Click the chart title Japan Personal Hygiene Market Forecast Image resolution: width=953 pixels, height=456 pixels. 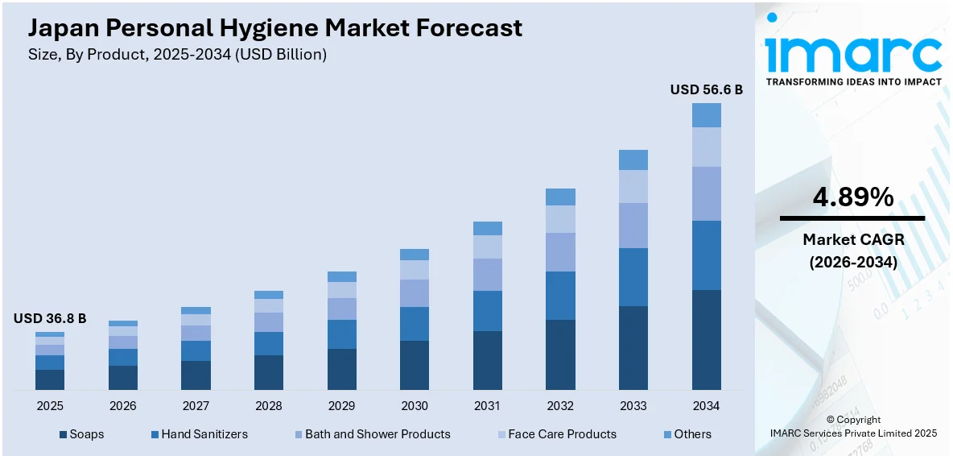pyautogui.click(x=275, y=28)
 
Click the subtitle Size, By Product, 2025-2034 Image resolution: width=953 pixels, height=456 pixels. pyautogui.click(x=177, y=55)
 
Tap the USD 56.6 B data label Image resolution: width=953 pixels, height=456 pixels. pyautogui.click(x=706, y=89)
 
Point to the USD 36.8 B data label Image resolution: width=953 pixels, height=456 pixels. pyautogui.click(x=49, y=319)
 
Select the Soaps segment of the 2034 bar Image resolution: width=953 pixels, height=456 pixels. pyautogui.click(x=706, y=339)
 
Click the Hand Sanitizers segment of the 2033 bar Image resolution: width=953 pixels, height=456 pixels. pyautogui.click(x=633, y=276)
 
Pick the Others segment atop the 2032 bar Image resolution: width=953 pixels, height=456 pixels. pyautogui.click(x=560, y=197)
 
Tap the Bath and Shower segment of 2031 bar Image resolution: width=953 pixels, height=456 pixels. pyautogui.click(x=487, y=274)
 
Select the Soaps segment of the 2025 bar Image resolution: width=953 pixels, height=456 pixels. pyautogui.click(x=49, y=379)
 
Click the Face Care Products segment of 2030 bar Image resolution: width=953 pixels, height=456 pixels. pyautogui.click(x=415, y=269)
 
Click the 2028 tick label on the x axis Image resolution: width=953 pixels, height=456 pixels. pyautogui.click(x=268, y=405)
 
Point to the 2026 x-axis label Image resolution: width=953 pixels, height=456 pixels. pyautogui.click(x=122, y=405)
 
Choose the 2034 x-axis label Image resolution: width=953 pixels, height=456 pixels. pyautogui.click(x=706, y=405)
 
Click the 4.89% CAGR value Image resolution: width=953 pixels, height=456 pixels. pyautogui.click(x=852, y=197)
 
